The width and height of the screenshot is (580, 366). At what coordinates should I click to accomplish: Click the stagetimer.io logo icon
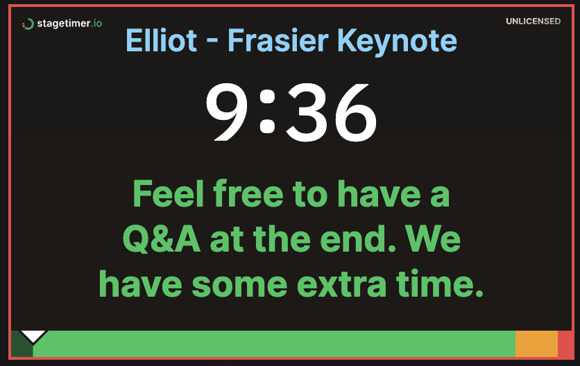(x=28, y=24)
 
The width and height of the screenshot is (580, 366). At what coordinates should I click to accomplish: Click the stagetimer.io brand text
(x=69, y=24)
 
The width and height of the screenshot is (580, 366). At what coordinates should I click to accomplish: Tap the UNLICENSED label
(x=533, y=21)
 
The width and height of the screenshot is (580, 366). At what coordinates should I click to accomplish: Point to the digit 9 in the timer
(x=228, y=113)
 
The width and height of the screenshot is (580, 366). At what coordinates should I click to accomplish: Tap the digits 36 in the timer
(x=332, y=113)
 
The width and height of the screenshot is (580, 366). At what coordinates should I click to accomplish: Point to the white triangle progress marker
(x=33, y=336)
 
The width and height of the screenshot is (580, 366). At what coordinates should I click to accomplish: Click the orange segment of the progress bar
(x=536, y=344)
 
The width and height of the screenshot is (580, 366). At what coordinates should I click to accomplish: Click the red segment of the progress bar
(x=565, y=344)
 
